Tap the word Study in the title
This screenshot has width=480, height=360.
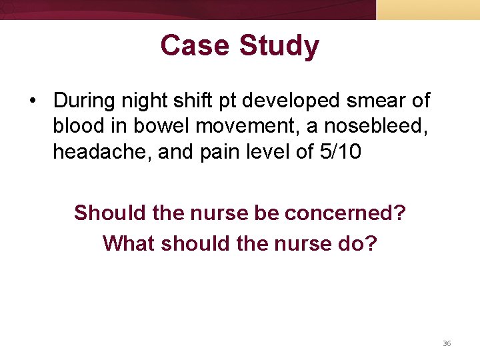pyautogui.click(x=279, y=46)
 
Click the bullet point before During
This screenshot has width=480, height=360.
pyautogui.click(x=32, y=101)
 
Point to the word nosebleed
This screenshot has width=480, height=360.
pyautogui.click(x=374, y=126)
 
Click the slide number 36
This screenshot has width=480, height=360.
pyautogui.click(x=447, y=343)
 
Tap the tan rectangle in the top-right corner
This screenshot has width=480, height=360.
pyautogui.click(x=428, y=9)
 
